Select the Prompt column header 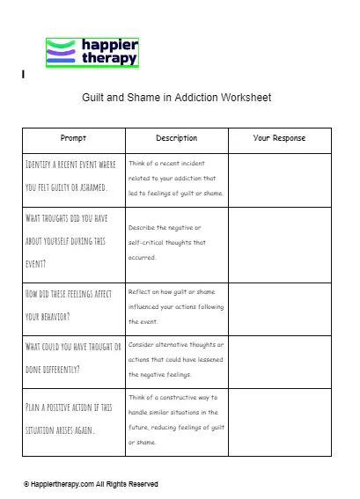(x=73, y=139)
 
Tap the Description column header (x=176, y=139)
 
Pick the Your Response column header (x=279, y=139)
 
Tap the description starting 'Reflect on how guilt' (x=177, y=306)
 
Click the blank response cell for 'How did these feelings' (x=279, y=307)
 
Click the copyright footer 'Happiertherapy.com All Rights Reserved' (x=92, y=484)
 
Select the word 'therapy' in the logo (x=103, y=58)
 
